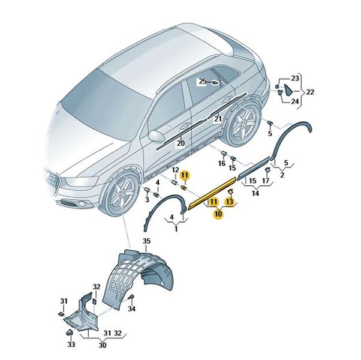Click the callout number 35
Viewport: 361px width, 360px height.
[146, 241]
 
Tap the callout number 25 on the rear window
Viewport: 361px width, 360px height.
[203, 82]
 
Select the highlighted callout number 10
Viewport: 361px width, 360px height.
[218, 214]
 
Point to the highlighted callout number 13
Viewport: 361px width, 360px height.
[230, 202]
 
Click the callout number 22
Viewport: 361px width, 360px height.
[310, 92]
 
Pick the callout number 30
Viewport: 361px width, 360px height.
[103, 346]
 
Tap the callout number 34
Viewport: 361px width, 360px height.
[132, 308]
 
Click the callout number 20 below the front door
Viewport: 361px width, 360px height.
[180, 143]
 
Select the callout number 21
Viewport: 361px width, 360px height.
[218, 119]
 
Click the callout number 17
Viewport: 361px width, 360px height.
[266, 181]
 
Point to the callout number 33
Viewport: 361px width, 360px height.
[71, 344]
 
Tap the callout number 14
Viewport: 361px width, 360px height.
[255, 193]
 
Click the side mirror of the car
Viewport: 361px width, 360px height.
[157, 136]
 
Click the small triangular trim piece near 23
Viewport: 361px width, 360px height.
[288, 90]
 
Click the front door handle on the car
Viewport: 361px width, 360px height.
[185, 125]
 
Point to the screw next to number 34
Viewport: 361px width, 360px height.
[132, 296]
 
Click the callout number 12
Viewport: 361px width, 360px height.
[176, 170]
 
